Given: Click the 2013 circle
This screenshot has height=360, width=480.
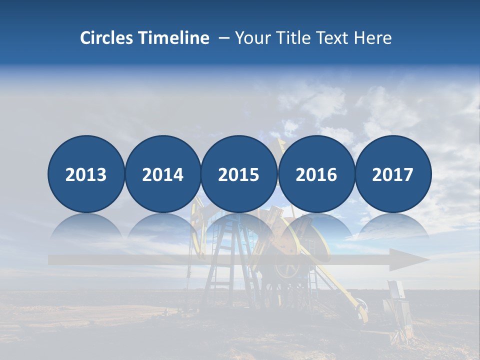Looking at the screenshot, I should [86, 174].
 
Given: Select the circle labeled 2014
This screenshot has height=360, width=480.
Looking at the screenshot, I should [163, 174].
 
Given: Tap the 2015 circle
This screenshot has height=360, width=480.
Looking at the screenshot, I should [239, 174].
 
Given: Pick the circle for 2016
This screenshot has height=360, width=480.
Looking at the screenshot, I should [316, 174].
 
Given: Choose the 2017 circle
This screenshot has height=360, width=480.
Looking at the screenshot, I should [393, 174].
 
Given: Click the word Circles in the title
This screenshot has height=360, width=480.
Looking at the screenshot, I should [107, 38].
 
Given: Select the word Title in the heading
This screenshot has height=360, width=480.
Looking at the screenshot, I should [293, 38].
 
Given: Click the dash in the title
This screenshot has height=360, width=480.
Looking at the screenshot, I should [224, 38].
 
